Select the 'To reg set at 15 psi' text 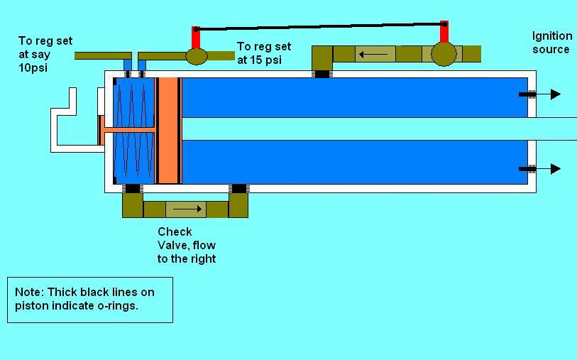[260, 53]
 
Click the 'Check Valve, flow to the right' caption [186, 245]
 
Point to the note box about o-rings [90, 300]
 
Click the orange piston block [168, 131]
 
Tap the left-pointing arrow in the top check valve [373, 54]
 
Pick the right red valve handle [444, 32]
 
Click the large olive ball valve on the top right [444, 55]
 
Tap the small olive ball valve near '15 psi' [197, 56]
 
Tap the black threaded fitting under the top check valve [322, 73]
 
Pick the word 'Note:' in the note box [30, 292]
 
